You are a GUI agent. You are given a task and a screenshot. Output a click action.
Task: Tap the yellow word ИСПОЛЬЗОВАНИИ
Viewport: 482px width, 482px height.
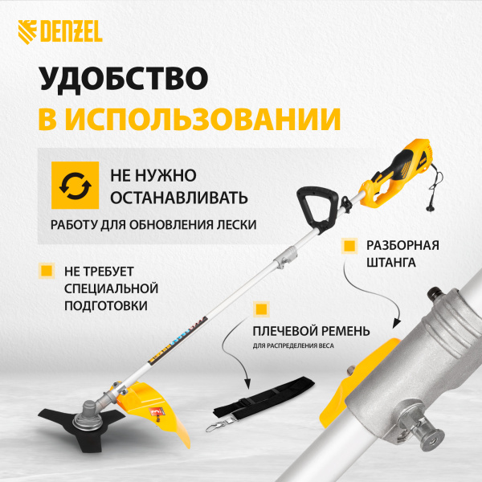point(205,119)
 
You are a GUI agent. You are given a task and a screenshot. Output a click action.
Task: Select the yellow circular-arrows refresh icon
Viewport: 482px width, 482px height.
point(69,185)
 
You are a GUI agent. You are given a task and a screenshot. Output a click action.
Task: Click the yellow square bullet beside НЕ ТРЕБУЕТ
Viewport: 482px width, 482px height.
point(47,271)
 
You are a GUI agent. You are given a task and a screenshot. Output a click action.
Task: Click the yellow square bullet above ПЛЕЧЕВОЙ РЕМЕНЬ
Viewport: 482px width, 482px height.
point(260,309)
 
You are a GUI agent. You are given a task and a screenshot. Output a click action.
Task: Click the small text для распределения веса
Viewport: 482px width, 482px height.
point(292,346)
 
